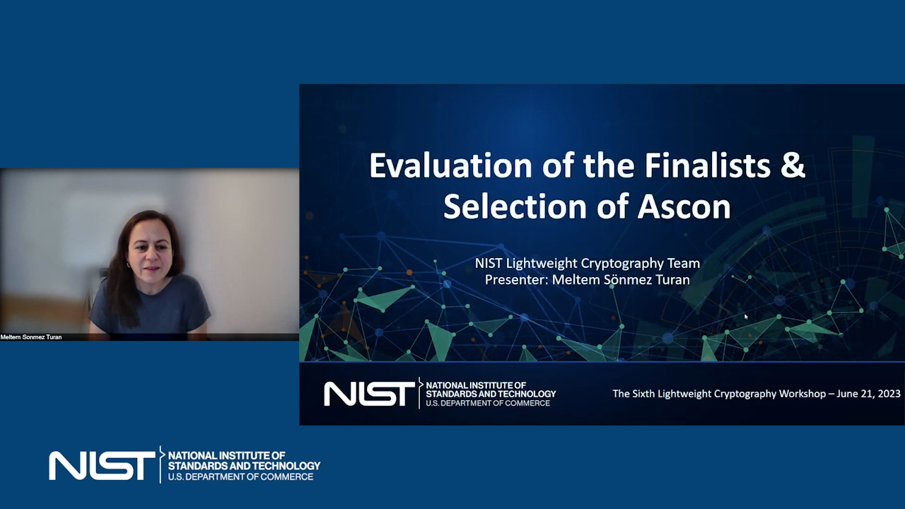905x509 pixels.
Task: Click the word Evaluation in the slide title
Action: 450,165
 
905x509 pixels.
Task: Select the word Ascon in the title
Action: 684,206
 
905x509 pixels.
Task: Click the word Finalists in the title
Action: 707,165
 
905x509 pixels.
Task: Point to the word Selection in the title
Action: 515,206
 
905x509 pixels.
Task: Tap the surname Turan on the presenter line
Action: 672,279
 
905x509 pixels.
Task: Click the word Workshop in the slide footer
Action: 802,394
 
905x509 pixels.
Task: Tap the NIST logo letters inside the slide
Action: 369,394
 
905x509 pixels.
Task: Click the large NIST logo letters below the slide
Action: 102,466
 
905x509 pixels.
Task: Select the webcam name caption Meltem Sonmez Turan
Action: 31,337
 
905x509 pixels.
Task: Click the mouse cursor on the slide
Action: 746,317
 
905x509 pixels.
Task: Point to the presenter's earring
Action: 129,265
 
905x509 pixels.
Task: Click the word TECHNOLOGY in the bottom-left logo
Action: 285,466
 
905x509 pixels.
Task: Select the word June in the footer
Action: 845,394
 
